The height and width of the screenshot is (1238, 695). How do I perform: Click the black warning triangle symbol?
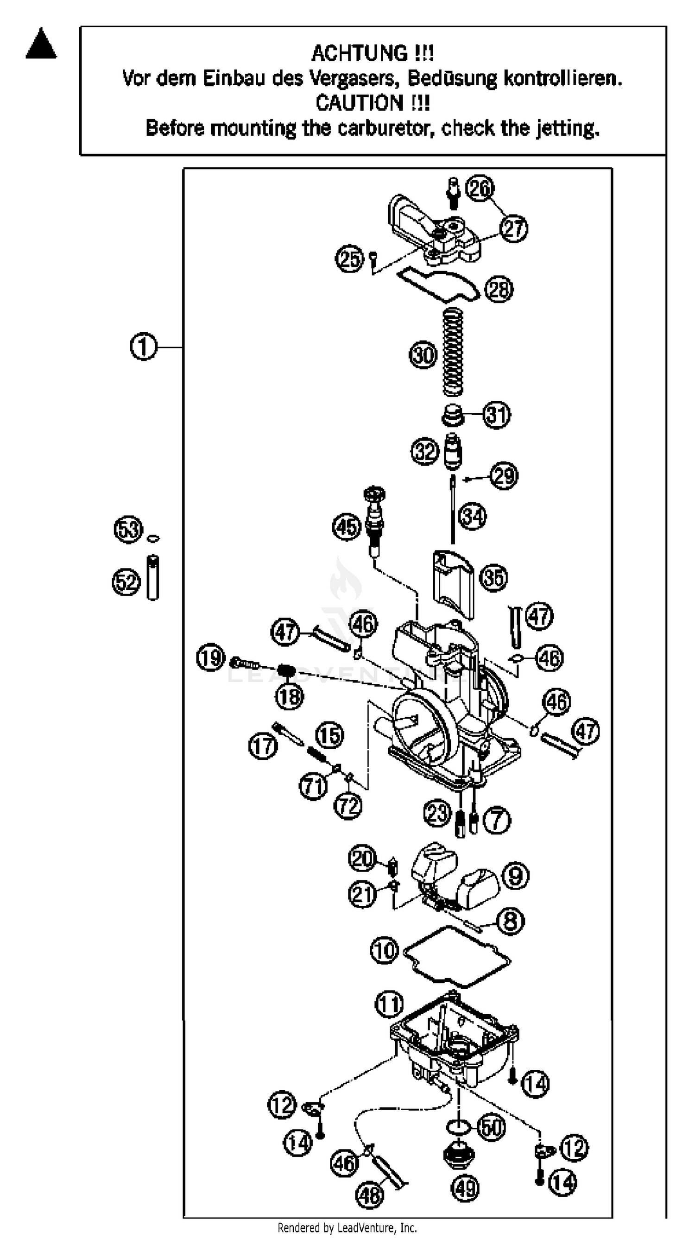point(41,44)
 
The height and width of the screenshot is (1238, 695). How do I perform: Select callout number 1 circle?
point(143,347)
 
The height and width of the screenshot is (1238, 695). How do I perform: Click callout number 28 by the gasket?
point(499,289)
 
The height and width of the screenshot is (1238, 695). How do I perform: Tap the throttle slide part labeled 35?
point(454,584)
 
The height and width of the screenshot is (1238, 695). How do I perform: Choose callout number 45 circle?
point(347,527)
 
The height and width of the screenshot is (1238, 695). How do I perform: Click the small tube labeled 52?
point(152,577)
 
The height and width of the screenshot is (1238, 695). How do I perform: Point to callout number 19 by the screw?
point(211,658)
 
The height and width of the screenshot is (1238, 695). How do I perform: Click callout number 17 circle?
point(263,746)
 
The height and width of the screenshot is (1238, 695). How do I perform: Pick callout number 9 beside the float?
point(515,876)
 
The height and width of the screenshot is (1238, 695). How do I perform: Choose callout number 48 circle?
point(370,1194)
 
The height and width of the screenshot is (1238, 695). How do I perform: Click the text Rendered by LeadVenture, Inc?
point(347,1228)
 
